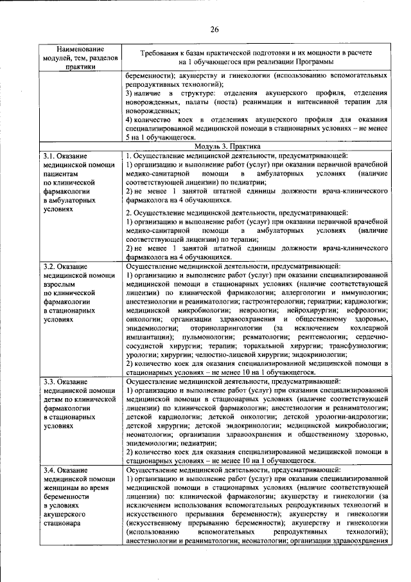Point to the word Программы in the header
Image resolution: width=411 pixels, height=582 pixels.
tap(315, 62)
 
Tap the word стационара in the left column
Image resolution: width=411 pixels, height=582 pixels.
tap(63, 523)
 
